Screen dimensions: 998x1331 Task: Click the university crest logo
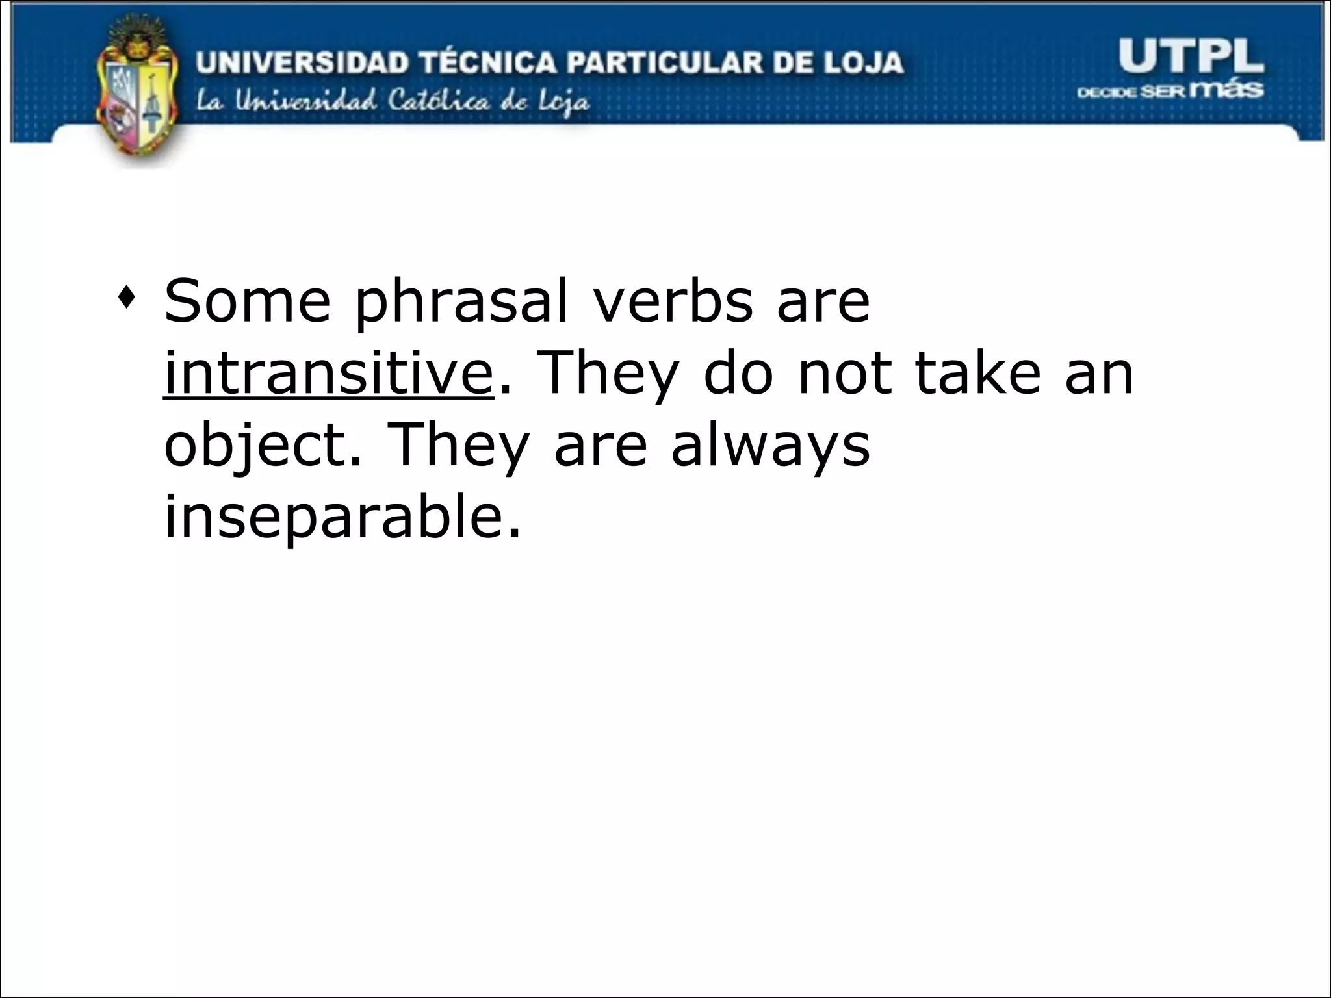point(136,91)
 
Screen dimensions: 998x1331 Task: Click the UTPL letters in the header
point(1191,57)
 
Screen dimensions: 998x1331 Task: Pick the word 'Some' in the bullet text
point(247,301)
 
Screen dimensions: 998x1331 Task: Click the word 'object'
point(254,448)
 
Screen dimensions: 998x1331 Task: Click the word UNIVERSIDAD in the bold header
point(303,63)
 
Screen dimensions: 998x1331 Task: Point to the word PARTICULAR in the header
point(662,63)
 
